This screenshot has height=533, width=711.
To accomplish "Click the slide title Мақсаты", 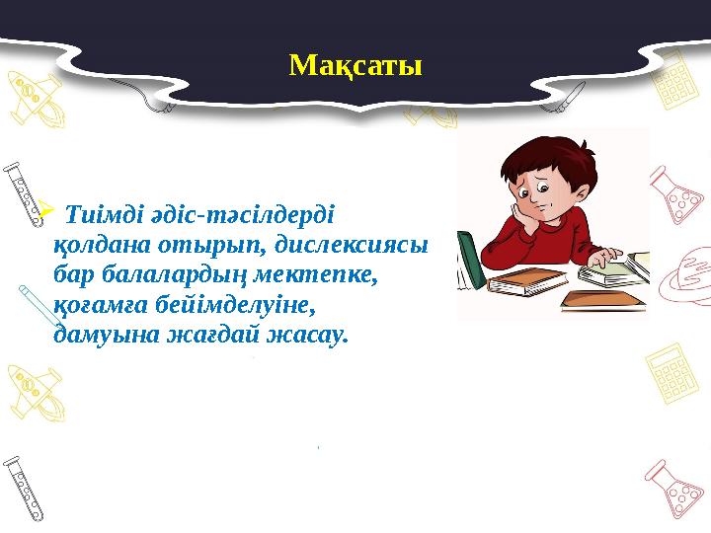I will point(355,66).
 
